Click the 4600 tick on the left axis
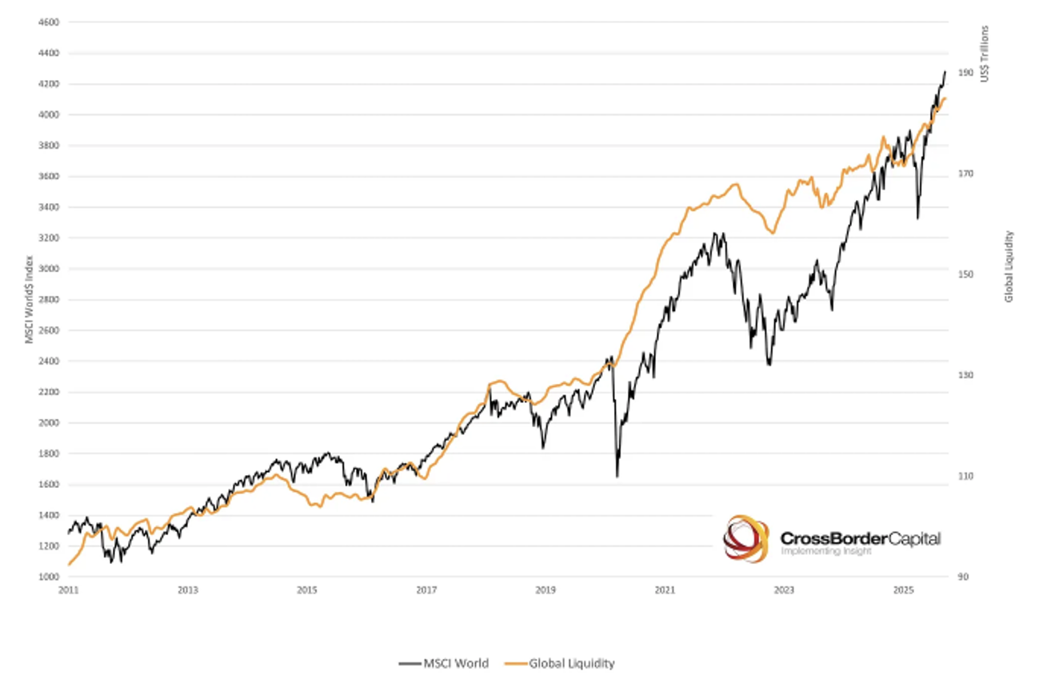(x=48, y=22)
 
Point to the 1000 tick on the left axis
(x=48, y=577)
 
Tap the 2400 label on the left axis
(x=48, y=361)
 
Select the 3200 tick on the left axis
(x=48, y=238)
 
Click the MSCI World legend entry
(x=444, y=663)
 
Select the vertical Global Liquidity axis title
(x=1009, y=266)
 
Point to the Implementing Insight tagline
(x=825, y=552)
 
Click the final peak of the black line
(x=945, y=71)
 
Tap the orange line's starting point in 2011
(x=70, y=565)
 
